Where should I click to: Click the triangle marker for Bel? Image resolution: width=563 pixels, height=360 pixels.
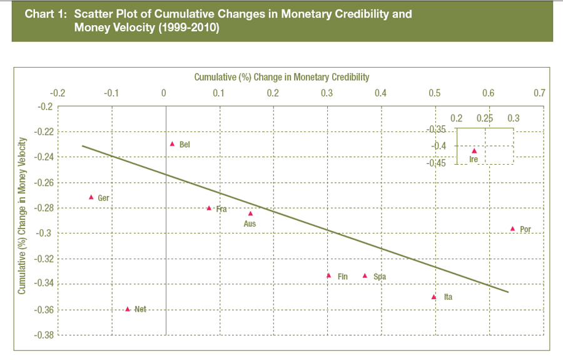click(172, 143)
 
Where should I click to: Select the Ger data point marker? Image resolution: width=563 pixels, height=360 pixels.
click(91, 197)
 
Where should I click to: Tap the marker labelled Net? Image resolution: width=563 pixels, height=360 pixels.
click(128, 309)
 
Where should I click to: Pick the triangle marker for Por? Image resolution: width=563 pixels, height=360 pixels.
click(512, 229)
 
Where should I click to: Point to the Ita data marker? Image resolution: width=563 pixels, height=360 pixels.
click(434, 296)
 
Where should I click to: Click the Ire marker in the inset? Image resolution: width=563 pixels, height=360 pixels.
click(474, 150)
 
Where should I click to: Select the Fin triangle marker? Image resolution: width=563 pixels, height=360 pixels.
click(328, 275)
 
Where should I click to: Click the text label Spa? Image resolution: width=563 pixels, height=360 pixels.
click(379, 276)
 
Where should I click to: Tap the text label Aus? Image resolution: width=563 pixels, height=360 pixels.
click(249, 224)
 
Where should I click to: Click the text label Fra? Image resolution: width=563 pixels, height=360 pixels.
click(221, 209)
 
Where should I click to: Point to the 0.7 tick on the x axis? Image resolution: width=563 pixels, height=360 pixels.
click(539, 93)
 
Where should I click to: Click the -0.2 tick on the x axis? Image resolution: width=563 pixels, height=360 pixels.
click(58, 93)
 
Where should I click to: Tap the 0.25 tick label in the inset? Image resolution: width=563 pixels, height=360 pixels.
click(485, 118)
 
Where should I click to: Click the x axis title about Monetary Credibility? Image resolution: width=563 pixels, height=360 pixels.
click(281, 77)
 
